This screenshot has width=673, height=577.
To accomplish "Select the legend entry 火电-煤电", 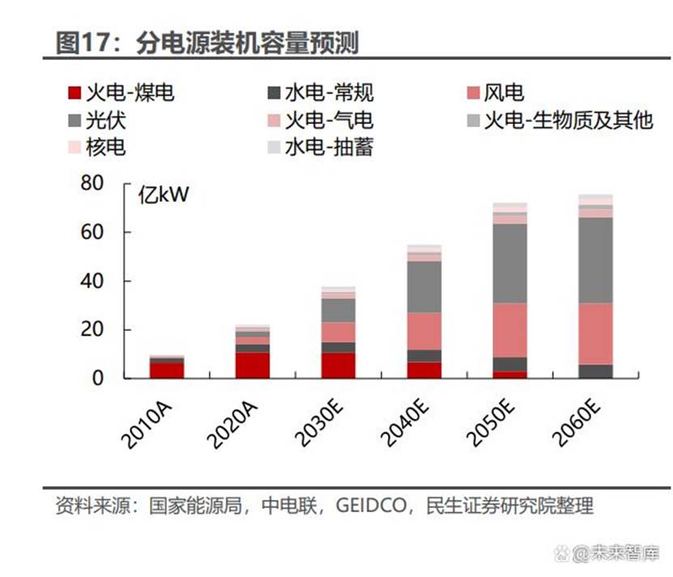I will tap(130, 92).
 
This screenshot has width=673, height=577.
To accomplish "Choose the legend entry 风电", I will tap(504, 92).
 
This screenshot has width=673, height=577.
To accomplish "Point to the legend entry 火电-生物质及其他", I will tap(568, 121).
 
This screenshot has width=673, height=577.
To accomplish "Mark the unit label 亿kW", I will tap(163, 195).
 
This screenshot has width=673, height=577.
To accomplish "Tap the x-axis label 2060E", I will tap(576, 421).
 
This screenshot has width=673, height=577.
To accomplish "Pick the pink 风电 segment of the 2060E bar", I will tap(595, 334).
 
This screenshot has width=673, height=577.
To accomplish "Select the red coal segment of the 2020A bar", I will tap(253, 365).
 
